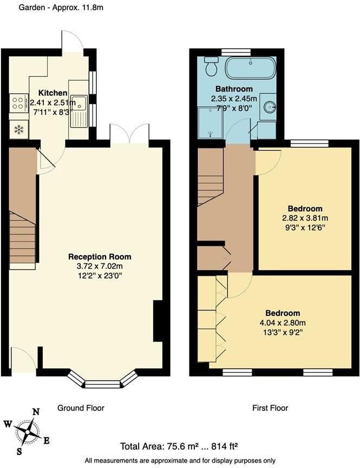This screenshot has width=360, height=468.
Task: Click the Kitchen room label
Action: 53,93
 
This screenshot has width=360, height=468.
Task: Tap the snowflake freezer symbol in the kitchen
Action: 19,129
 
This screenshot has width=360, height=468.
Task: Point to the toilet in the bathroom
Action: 211,67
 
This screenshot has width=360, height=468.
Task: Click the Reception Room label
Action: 100,257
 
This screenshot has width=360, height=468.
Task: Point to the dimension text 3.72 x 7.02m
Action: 100,266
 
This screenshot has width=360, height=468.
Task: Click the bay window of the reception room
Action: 103,382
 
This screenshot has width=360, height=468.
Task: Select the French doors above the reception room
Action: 129,135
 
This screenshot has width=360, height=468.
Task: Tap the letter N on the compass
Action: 36,412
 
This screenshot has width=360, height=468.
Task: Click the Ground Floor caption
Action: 81,408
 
